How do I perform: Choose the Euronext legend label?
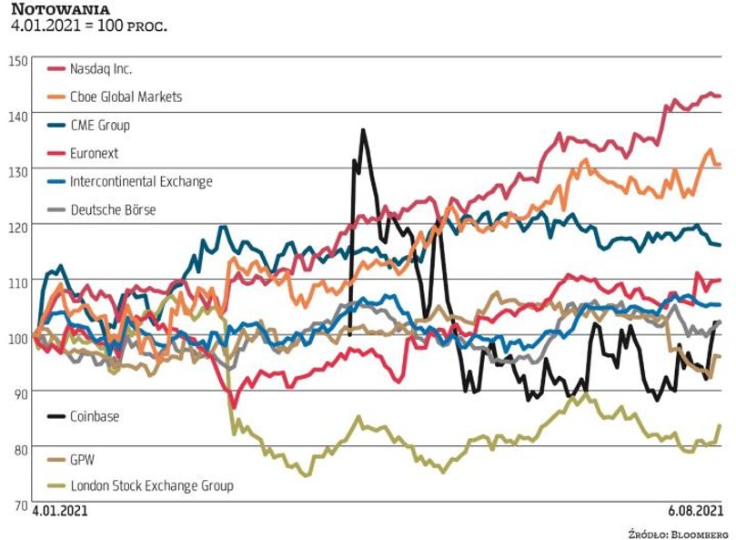point(95,153)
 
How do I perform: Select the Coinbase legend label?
point(95,416)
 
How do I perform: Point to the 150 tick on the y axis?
point(17,60)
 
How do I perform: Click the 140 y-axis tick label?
point(17,115)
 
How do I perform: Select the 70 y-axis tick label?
point(17,504)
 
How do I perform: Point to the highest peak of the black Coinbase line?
point(363,130)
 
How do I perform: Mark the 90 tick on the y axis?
point(17,392)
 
